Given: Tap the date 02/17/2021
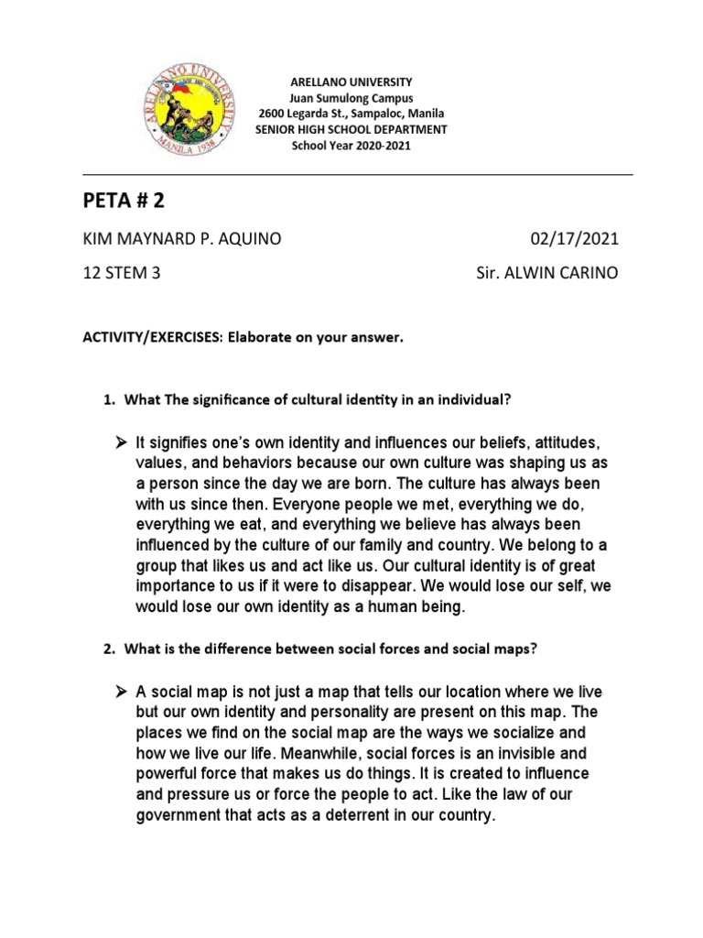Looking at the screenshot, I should click(x=575, y=240).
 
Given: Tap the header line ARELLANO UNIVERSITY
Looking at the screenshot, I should click(x=351, y=82).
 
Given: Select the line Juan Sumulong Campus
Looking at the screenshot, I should click(x=351, y=98).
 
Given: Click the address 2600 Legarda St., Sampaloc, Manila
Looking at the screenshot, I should click(x=351, y=114).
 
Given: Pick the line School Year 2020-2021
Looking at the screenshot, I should click(x=351, y=146).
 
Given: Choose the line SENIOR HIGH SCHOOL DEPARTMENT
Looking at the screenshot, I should click(x=351, y=130).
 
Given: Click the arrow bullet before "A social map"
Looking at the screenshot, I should click(x=119, y=692).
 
